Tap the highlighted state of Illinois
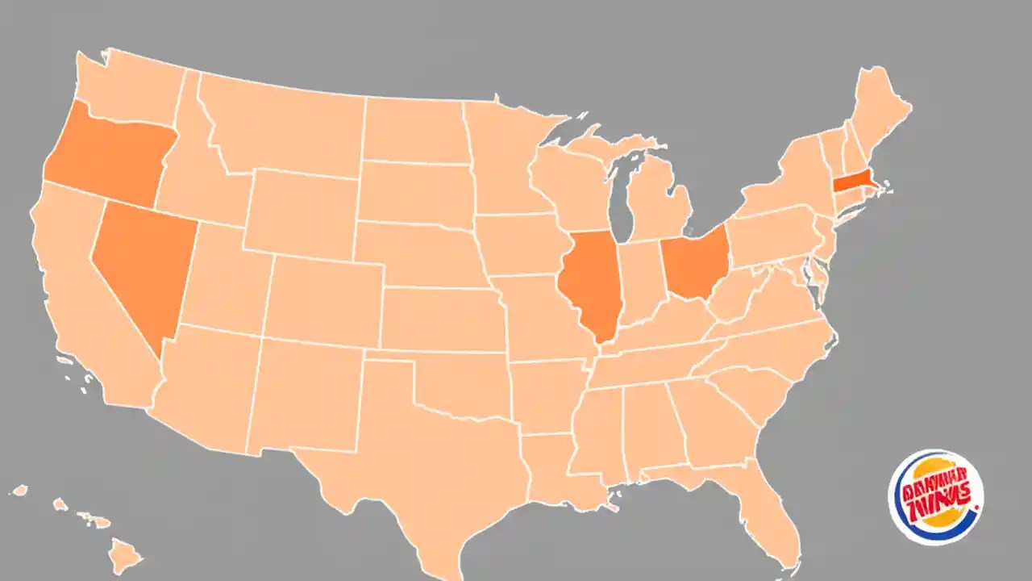click(x=593, y=282)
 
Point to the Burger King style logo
click(x=935, y=497)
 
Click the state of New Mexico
click(x=302, y=395)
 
